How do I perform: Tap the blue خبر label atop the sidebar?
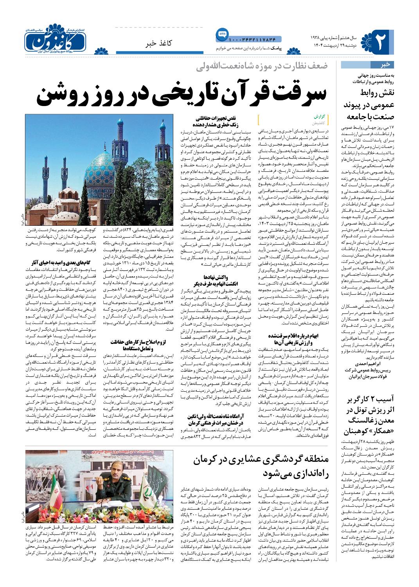[x=387, y=65]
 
